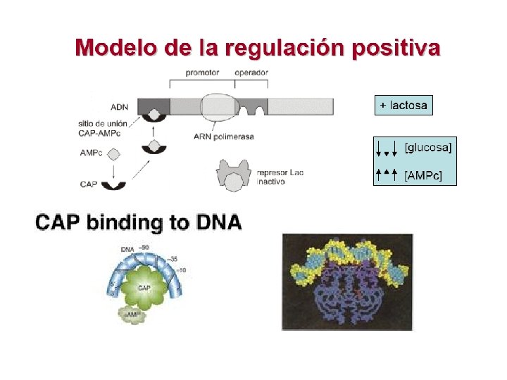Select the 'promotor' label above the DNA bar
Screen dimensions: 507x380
[x=203, y=72]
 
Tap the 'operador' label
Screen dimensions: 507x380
[x=251, y=72]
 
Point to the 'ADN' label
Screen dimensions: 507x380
[x=120, y=108]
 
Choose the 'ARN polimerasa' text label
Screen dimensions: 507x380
[x=223, y=136]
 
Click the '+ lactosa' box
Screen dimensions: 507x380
[x=403, y=106]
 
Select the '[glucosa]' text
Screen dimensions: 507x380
[x=428, y=146]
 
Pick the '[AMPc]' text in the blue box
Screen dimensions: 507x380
[x=423, y=175]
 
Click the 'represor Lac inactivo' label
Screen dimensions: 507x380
[x=280, y=176]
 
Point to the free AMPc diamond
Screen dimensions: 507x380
[x=113, y=153]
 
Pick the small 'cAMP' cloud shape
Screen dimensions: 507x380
[x=132, y=315]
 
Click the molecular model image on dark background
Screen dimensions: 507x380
[x=347, y=281]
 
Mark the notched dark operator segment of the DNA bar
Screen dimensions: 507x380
[x=252, y=107]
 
